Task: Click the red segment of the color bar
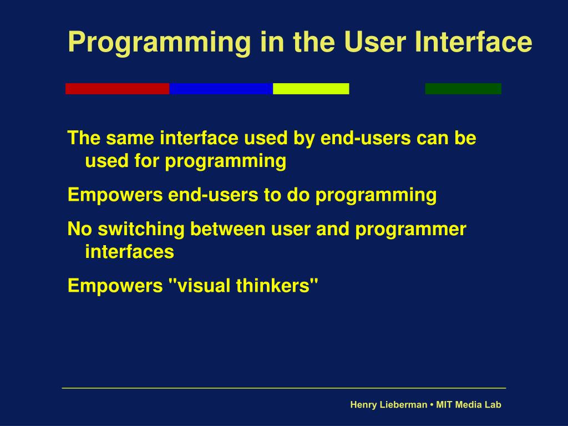[118, 89]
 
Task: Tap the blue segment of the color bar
[221, 89]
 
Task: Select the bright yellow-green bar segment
[311, 89]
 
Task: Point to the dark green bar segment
[463, 89]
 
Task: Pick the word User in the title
[375, 41]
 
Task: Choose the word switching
[141, 230]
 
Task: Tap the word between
[227, 229]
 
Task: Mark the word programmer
[410, 230]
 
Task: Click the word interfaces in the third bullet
[129, 251]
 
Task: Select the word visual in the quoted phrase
[203, 286]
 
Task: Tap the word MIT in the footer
[444, 404]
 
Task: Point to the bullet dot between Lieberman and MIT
[432, 405]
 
